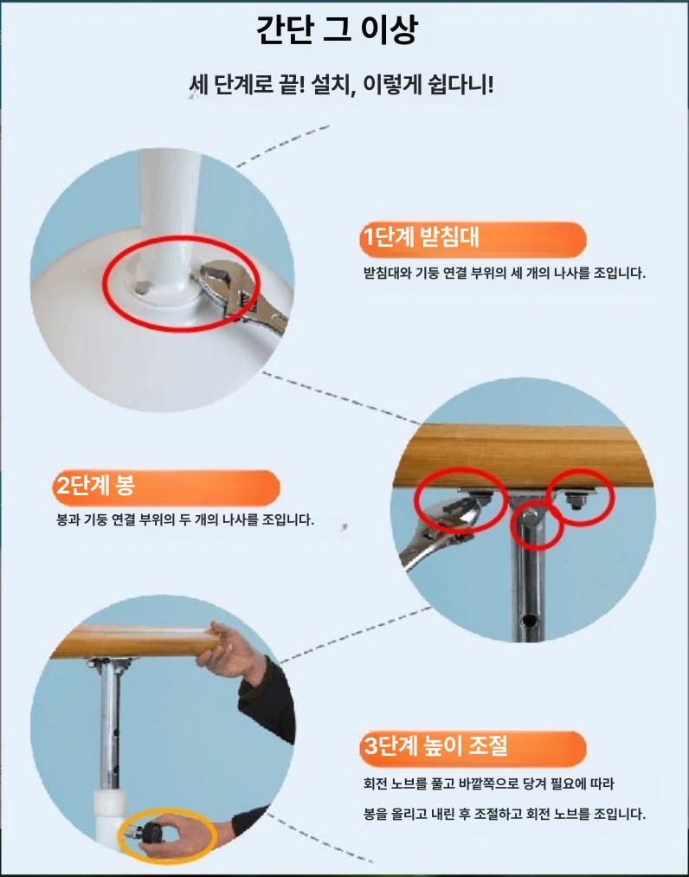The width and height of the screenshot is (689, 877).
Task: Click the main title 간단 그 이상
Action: [x=337, y=30]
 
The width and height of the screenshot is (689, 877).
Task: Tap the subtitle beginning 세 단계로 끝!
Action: [x=341, y=85]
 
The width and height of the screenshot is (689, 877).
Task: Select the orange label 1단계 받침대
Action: [x=473, y=237]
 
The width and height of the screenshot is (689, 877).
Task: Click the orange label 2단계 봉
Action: [x=166, y=486]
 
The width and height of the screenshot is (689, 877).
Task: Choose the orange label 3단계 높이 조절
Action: [x=473, y=745]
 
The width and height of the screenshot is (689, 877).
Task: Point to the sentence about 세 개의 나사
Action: [x=505, y=274]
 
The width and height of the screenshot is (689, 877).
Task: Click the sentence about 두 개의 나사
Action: [x=185, y=519]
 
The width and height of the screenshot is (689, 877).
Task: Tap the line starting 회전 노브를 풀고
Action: [x=488, y=783]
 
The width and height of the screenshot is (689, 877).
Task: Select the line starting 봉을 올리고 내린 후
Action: [x=505, y=814]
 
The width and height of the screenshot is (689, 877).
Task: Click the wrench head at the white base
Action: [x=217, y=281]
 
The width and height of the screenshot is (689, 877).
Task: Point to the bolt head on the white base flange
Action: [x=142, y=287]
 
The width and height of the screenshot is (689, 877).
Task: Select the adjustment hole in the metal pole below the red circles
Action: [x=527, y=620]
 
